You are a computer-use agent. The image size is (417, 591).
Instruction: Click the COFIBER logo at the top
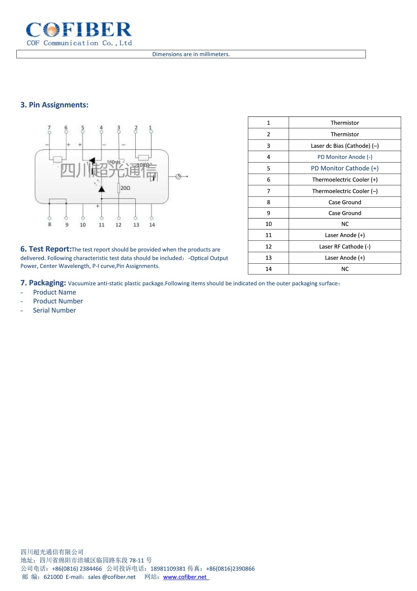pos(79,33)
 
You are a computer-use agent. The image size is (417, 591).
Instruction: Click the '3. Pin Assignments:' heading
pos(54,105)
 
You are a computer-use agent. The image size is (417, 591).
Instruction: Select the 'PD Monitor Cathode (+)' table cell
pos(345,168)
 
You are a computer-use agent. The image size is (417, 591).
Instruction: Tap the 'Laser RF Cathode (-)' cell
pos(345,247)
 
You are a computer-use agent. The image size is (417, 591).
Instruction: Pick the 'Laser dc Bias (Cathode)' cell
pos(345,146)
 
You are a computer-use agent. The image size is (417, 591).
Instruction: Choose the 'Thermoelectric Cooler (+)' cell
pos(345,180)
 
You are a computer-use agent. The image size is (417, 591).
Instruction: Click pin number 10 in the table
pos(268,224)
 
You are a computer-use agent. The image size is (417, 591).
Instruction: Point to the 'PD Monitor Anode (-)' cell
pos(345,157)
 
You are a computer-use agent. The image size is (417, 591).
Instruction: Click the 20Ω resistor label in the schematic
pos(125,188)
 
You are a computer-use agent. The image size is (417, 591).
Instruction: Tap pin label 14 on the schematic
pos(152,225)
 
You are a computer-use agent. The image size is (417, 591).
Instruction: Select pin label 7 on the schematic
pos(49,127)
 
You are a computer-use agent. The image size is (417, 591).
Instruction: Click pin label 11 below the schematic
pos(102,225)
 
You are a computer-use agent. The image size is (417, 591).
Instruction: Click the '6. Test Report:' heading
pos(46,249)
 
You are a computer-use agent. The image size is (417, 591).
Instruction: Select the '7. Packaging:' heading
pos(43,283)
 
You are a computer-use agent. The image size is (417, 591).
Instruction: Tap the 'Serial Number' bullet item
pos(54,310)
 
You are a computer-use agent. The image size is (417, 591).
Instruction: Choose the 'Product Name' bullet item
pos(54,292)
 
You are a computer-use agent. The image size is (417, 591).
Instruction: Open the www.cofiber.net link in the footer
pos(185,577)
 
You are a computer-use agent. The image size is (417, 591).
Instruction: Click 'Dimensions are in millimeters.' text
pos(191,54)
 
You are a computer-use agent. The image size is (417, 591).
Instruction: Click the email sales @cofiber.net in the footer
pos(112,577)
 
